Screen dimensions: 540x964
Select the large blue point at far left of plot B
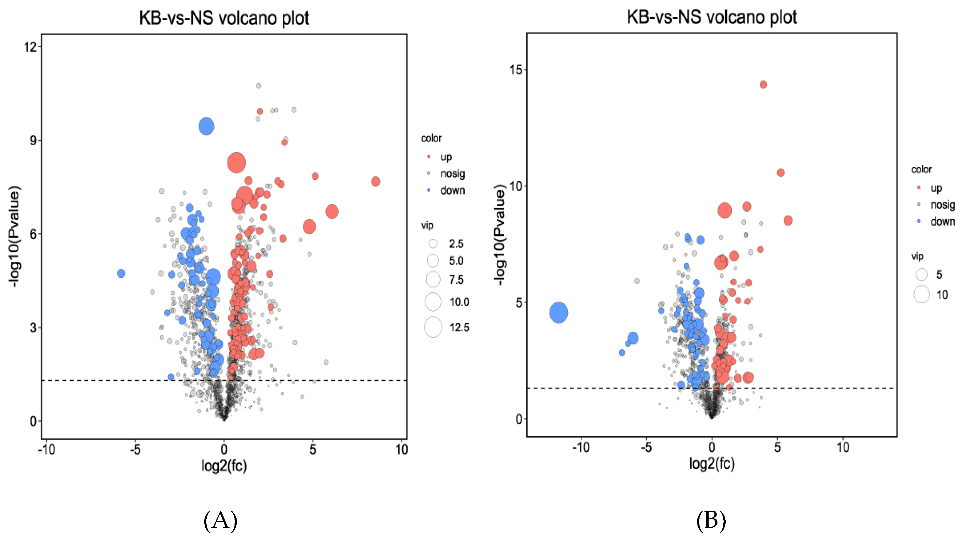(x=558, y=312)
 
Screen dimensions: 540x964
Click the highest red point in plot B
(x=763, y=85)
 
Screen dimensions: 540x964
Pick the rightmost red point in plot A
(x=375, y=181)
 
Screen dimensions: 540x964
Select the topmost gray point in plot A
(x=259, y=86)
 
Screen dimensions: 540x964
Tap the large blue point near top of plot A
(x=206, y=127)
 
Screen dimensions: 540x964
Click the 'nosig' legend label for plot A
(x=452, y=174)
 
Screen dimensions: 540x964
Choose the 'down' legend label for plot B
(x=942, y=221)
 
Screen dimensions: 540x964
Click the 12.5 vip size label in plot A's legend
(x=459, y=327)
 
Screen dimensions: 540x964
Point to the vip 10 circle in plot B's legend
(x=921, y=295)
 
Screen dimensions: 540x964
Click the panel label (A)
(x=220, y=521)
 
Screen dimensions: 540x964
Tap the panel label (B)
(x=711, y=521)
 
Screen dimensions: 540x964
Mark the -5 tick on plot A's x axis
(x=135, y=449)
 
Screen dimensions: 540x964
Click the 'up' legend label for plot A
(x=446, y=157)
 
